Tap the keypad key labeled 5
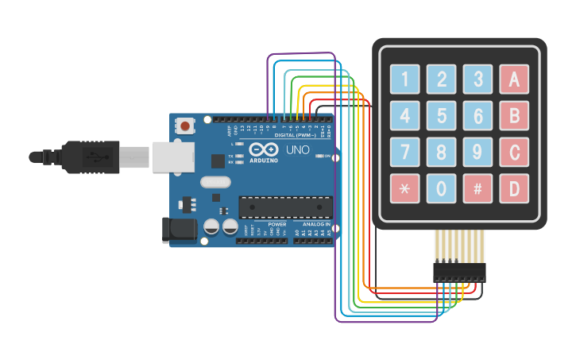coord(441,115)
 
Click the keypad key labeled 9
coord(477,152)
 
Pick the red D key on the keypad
coord(514,188)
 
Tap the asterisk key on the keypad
coord(404,188)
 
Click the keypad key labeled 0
coord(441,188)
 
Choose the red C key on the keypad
coord(514,152)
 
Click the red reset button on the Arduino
coord(186,126)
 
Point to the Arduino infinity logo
coord(262,149)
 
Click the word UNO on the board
coord(297,149)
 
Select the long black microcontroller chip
coord(286,207)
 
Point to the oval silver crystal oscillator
coord(215,182)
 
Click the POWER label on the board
coord(277,224)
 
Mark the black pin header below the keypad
coord(458,272)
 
